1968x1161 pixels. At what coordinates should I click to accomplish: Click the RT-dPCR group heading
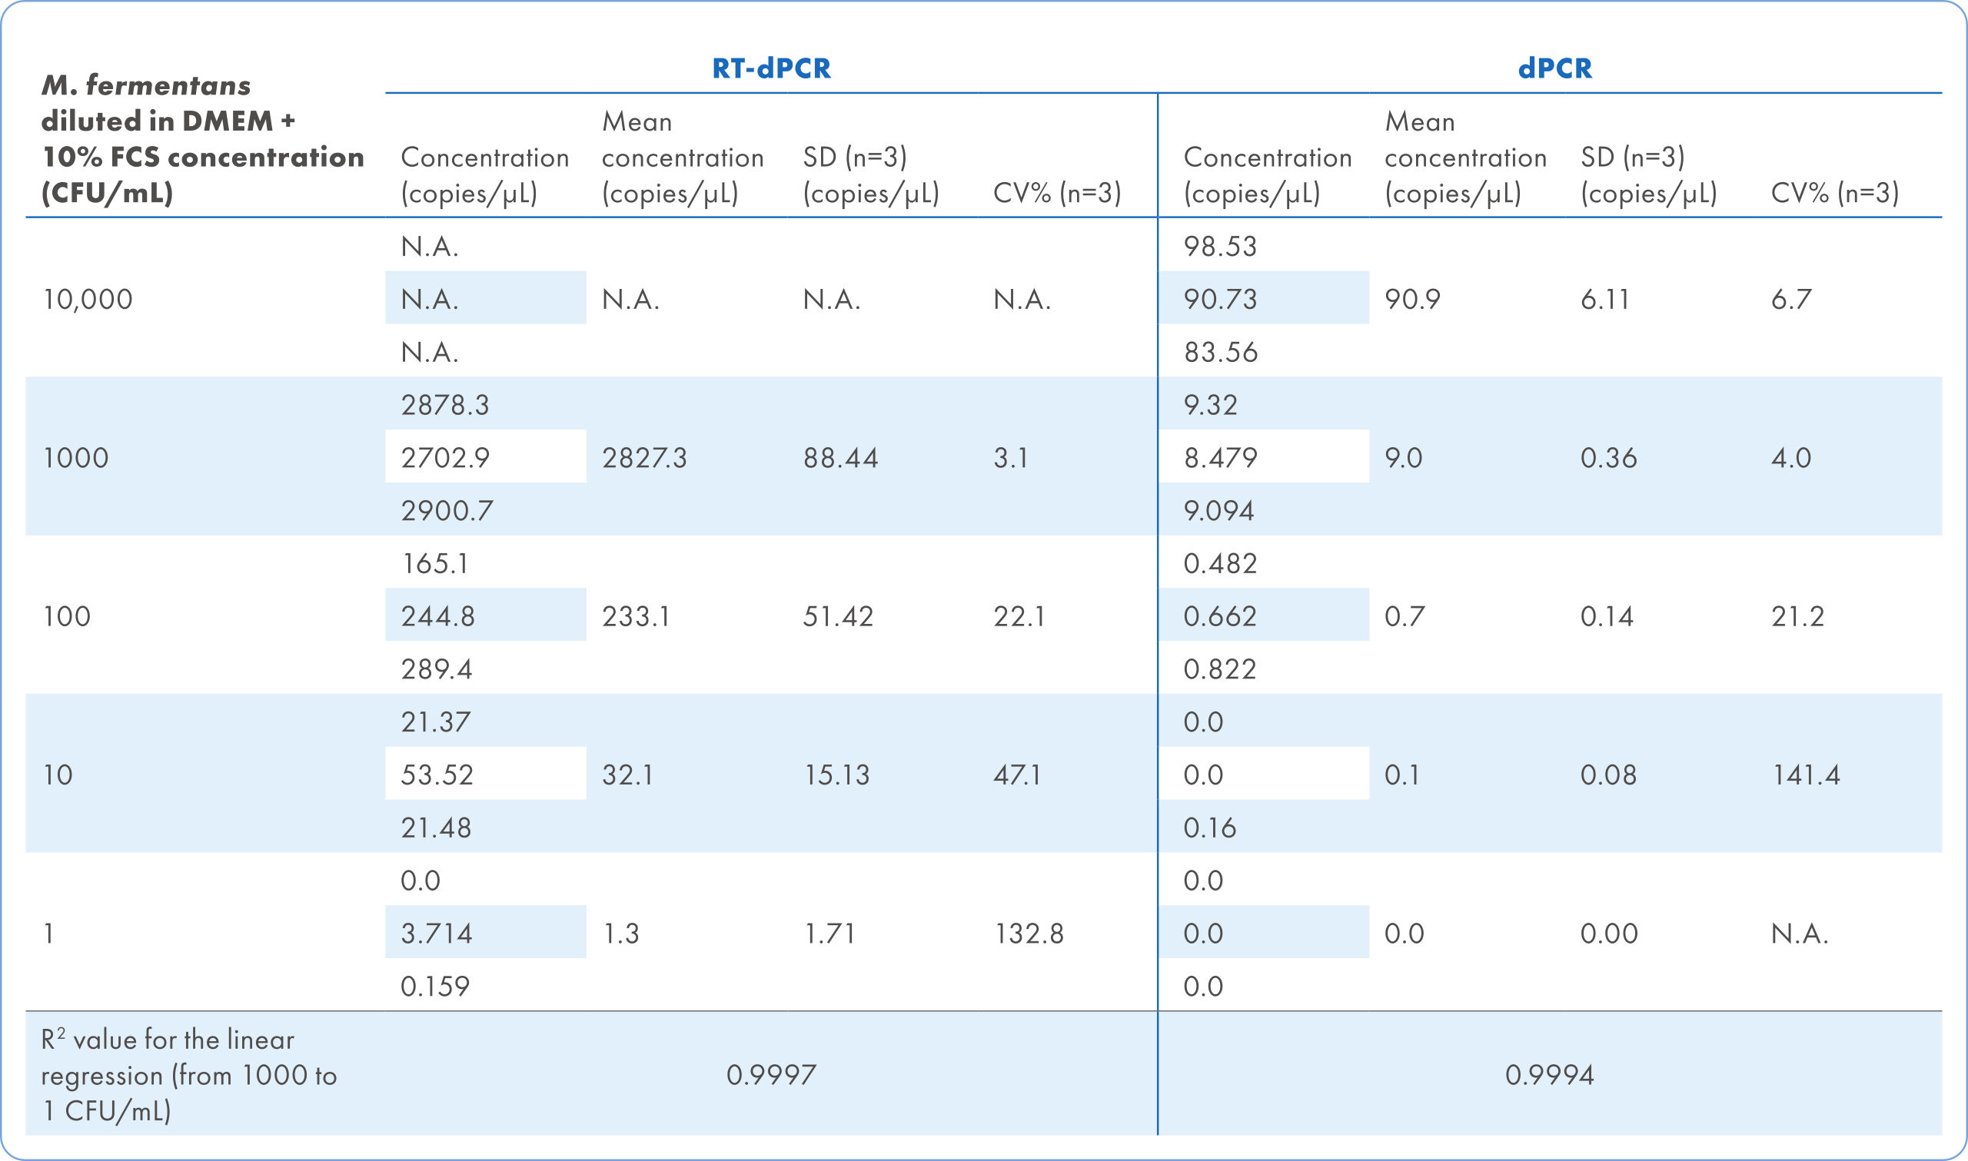771,68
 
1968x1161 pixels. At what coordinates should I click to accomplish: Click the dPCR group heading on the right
1554,68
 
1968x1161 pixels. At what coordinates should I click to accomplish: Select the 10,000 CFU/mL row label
88,299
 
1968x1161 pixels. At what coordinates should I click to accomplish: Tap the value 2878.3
444,404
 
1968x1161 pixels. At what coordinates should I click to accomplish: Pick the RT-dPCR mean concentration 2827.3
643,458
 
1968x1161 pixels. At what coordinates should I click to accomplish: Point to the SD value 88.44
839,458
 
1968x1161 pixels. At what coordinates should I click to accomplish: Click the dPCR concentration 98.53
1219,247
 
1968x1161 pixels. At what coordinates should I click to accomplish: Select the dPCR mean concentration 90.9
1411,299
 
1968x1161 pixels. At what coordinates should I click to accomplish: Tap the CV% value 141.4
1805,775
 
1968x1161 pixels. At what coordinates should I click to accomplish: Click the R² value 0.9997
771,1074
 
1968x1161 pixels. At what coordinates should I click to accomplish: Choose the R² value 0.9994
1549,1074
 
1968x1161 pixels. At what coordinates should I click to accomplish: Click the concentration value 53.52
437,775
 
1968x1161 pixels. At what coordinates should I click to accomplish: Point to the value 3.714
436,933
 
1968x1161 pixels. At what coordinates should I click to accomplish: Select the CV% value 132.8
1029,933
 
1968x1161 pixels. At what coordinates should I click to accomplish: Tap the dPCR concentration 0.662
1219,615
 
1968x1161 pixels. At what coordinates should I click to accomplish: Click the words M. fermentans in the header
146,85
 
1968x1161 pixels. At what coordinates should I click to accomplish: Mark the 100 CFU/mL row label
67,615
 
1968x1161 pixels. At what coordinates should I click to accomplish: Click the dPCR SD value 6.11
1604,299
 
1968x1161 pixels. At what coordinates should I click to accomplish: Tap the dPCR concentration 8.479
1219,458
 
